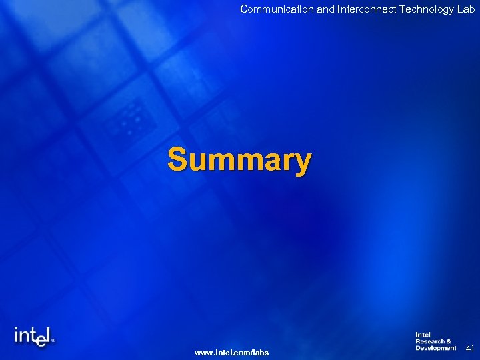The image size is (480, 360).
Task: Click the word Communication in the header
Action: (x=271, y=9)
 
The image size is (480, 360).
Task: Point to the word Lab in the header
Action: (x=466, y=9)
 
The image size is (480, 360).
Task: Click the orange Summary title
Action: (x=239, y=161)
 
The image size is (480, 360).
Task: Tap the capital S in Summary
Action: (x=177, y=160)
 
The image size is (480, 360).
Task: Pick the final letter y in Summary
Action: (x=303, y=163)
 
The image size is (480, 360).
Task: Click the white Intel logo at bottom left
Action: (x=34, y=337)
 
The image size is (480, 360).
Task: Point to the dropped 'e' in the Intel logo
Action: (x=41, y=340)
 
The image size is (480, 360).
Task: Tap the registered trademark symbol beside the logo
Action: (x=54, y=339)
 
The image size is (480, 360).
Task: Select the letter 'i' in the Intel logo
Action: (x=17, y=335)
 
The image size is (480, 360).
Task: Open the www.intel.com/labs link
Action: (x=231, y=352)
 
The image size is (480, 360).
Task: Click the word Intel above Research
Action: (x=423, y=335)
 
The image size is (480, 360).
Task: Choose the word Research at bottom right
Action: (x=430, y=341)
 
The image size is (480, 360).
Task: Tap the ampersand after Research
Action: (x=449, y=341)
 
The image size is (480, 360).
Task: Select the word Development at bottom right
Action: (x=435, y=348)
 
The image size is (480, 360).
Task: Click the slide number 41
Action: (x=469, y=348)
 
